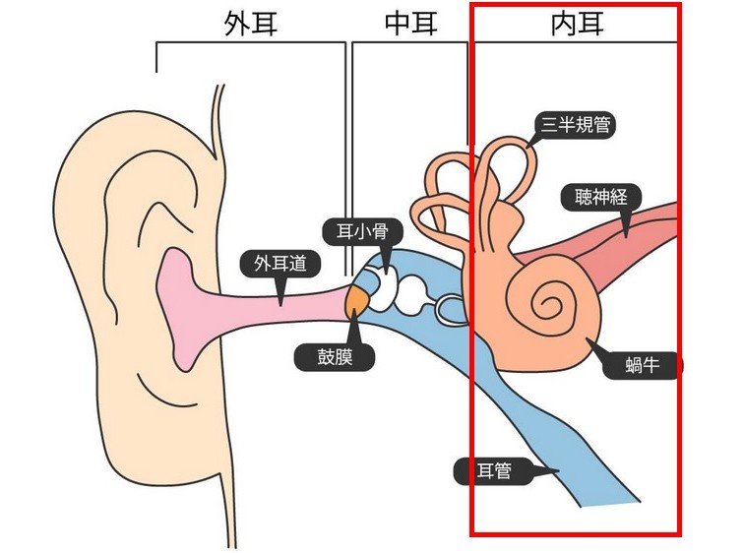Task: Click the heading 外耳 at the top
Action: pyautogui.click(x=251, y=25)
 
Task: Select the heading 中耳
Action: pyautogui.click(x=411, y=25)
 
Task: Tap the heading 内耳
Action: pyautogui.click(x=577, y=25)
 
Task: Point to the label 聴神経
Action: pyautogui.click(x=600, y=197)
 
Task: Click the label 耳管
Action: pyautogui.click(x=490, y=471)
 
